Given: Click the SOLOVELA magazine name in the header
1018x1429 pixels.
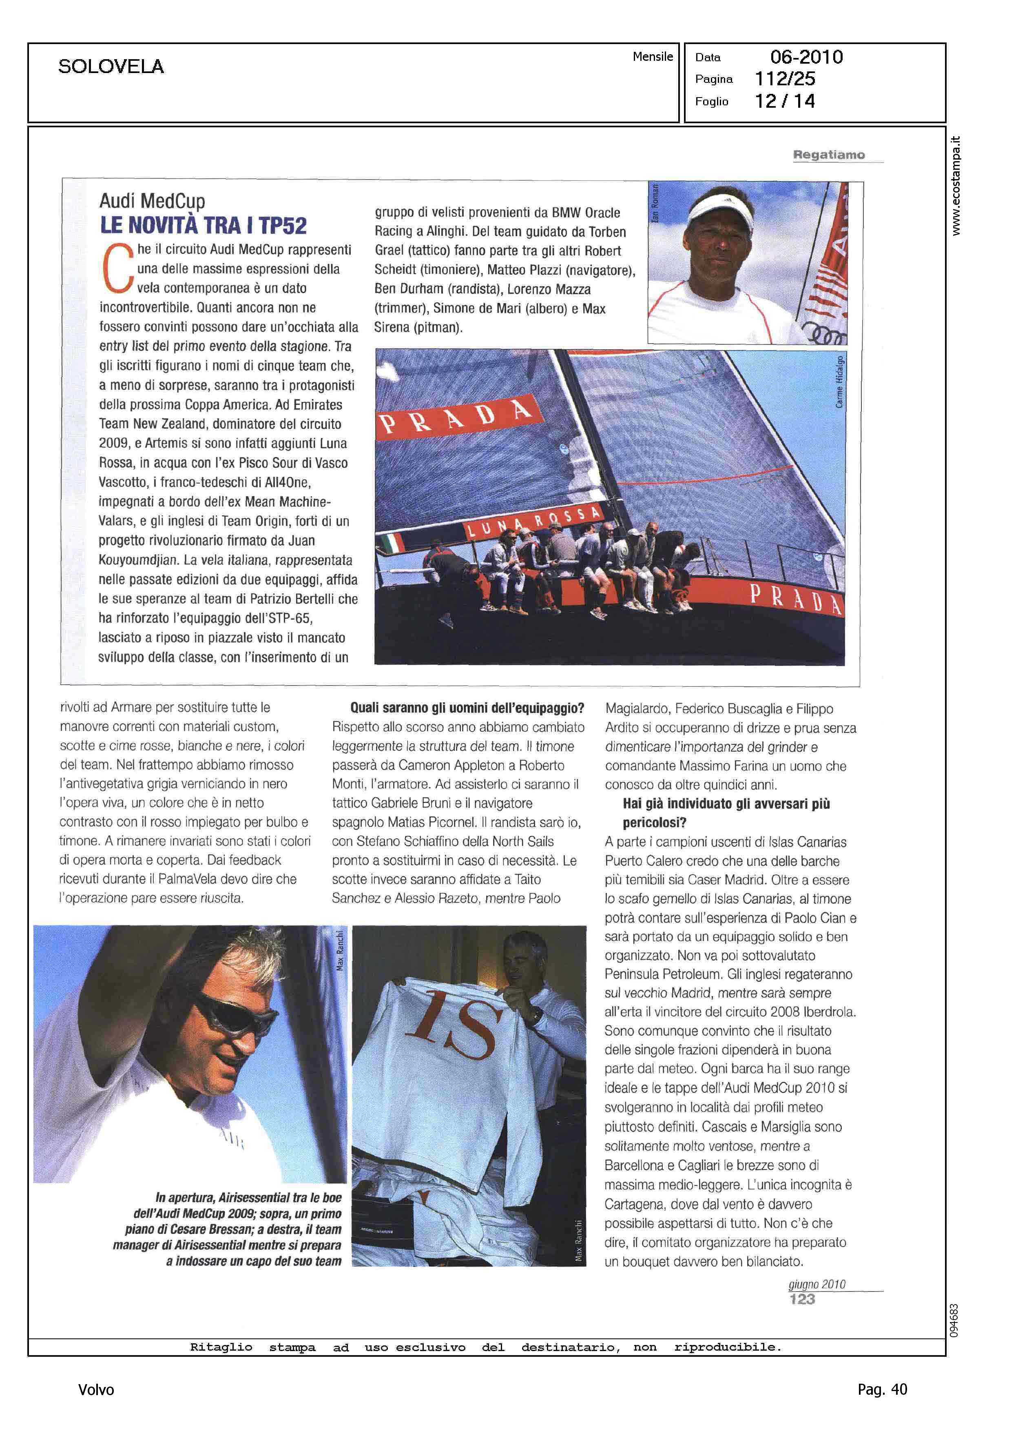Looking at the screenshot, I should (111, 67).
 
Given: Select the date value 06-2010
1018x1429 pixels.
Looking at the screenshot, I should (806, 57).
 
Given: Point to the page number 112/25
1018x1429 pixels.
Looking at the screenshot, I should (785, 79).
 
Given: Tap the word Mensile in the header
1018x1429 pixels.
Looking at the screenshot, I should (653, 56).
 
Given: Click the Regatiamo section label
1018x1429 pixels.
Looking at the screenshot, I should (829, 155).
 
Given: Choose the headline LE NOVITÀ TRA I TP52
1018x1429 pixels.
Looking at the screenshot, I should (204, 226).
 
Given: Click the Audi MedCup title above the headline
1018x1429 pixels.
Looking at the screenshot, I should (152, 201).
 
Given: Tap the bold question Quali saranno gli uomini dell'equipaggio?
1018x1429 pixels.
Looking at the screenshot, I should (467, 708).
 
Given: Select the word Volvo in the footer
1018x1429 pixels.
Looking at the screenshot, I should (96, 1389).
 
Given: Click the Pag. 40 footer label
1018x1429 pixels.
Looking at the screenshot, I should (882, 1389).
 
